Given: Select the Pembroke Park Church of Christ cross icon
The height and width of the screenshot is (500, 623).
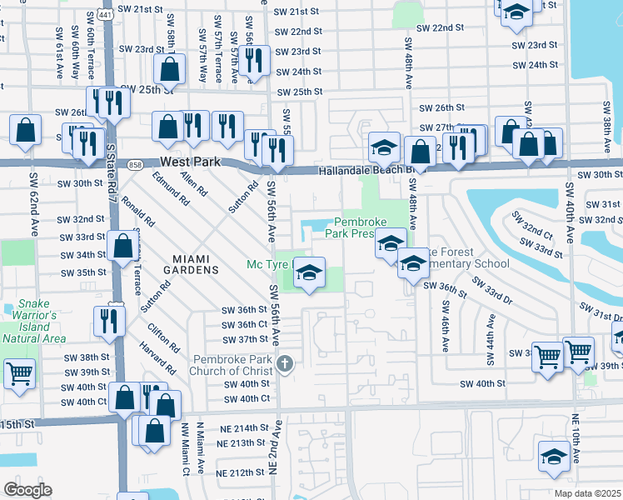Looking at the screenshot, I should pyautogui.click(x=286, y=363).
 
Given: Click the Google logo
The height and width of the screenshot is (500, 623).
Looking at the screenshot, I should pyautogui.click(x=27, y=489).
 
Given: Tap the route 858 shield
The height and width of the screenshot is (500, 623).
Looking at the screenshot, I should pyautogui.click(x=134, y=165).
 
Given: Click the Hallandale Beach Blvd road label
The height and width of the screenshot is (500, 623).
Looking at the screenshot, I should pyautogui.click(x=365, y=171).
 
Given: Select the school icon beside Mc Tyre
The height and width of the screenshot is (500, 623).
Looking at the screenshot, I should pyautogui.click(x=309, y=272).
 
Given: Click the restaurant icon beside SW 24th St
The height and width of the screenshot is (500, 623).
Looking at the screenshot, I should pyautogui.click(x=255, y=60).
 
